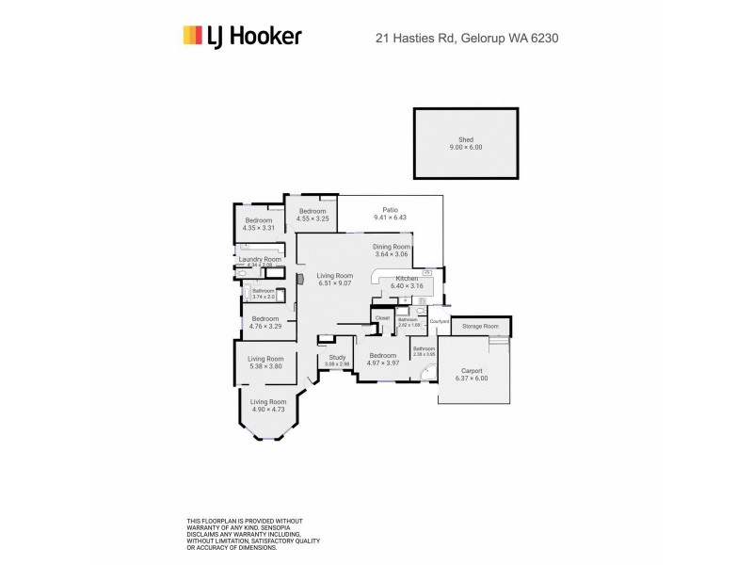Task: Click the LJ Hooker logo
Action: [241, 36]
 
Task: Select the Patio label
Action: [390, 210]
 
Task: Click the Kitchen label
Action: [407, 279]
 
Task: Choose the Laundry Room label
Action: [260, 259]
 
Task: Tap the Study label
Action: [336, 357]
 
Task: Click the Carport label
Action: [471, 371]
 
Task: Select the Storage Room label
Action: [480, 326]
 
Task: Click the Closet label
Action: [382, 318]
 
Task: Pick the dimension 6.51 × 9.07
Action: [334, 283]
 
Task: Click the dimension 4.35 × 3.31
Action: [258, 228]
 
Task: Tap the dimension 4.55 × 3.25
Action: [312, 218]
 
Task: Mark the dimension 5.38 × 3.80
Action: [265, 366]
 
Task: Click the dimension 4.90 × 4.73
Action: [267, 410]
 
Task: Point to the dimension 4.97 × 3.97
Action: [382, 363]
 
